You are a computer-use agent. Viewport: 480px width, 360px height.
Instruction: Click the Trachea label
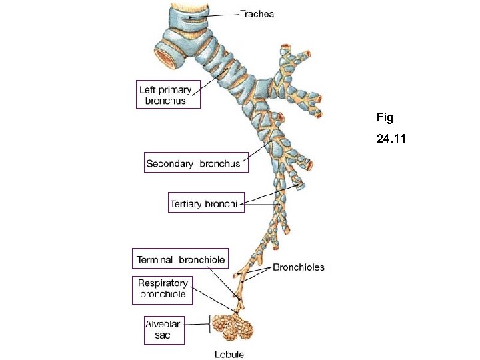coord(257,13)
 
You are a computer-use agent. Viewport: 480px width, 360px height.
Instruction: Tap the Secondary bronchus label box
coord(196,163)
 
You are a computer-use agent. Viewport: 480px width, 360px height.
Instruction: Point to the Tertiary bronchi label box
coord(206,202)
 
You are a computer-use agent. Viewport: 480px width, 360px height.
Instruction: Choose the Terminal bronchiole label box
coord(181,259)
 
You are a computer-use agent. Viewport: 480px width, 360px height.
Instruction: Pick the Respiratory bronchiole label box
coord(163,288)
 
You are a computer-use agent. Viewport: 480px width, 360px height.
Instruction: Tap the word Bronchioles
coord(299,267)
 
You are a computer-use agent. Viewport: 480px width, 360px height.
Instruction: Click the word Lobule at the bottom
coord(229,354)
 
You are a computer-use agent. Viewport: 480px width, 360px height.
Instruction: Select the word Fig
coord(385,118)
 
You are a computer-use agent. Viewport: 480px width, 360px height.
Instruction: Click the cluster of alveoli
coord(237,325)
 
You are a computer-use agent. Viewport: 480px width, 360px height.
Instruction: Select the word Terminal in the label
coord(156,259)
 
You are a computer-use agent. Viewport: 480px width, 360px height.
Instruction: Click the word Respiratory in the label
coord(163,283)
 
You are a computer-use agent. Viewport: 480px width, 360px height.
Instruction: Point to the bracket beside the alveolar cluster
coord(211,325)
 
